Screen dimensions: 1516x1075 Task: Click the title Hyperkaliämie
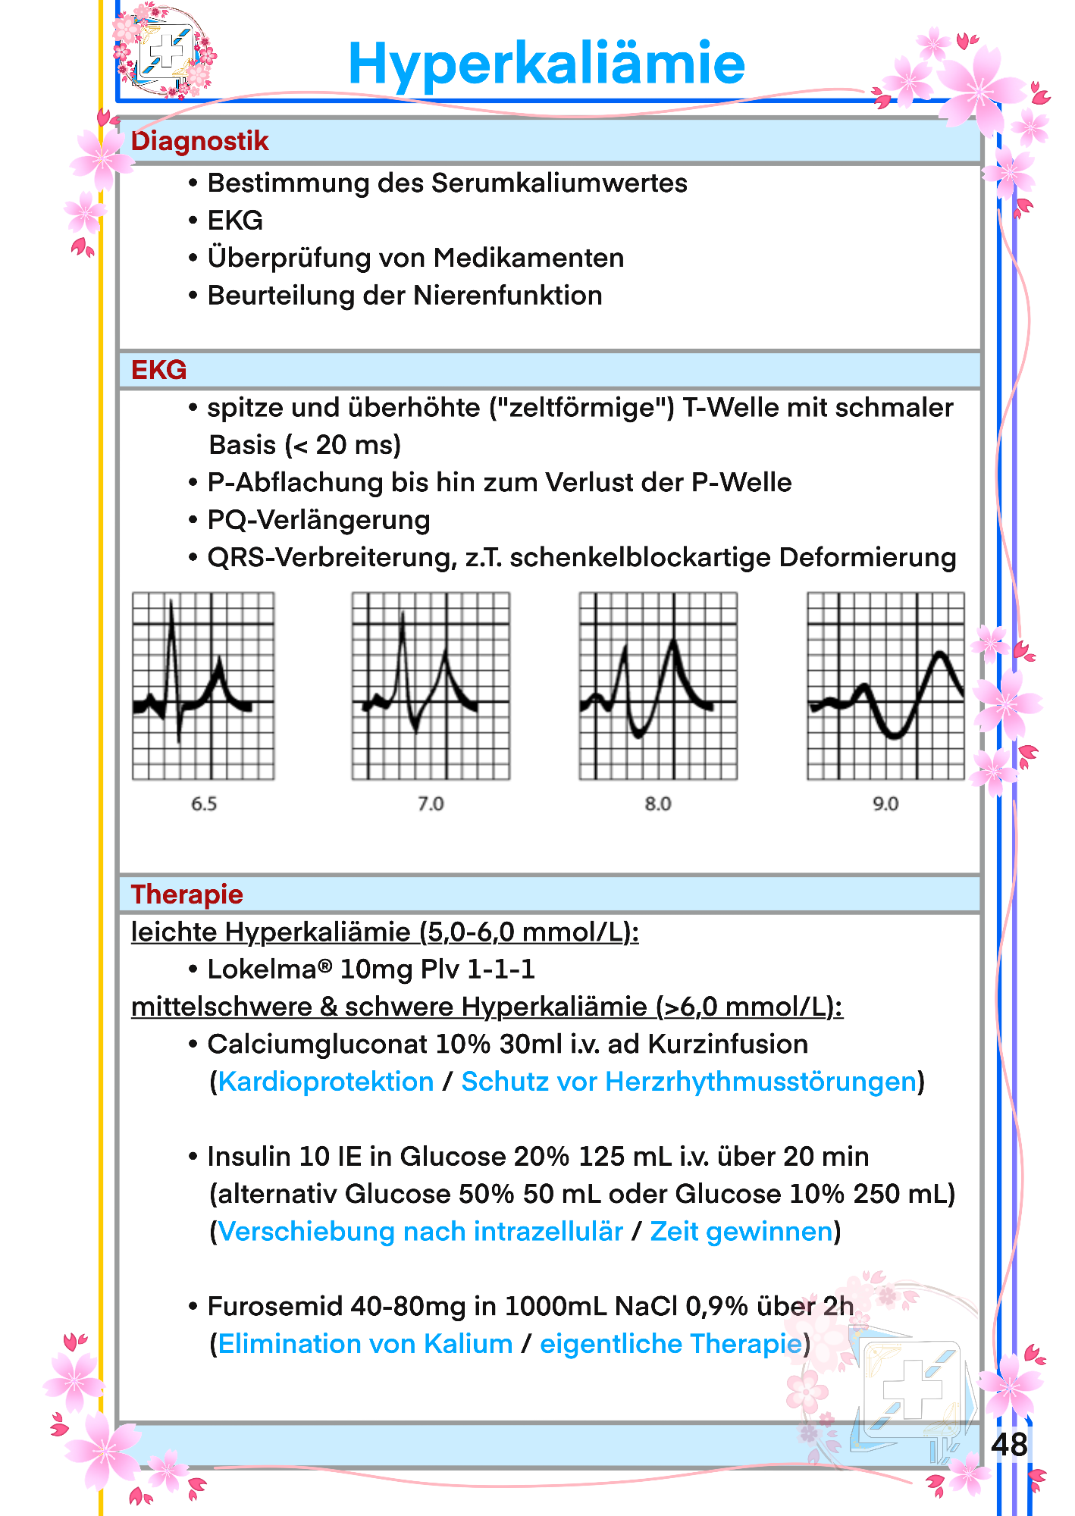547,64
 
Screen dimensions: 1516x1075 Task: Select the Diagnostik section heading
199,141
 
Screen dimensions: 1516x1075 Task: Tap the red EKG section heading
158,370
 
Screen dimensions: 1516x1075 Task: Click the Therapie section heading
186,894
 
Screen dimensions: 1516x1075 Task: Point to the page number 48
1009,1445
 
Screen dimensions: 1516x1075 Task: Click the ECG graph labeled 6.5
203,686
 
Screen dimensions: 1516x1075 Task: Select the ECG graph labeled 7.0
431,686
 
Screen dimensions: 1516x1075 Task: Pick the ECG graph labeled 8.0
658,686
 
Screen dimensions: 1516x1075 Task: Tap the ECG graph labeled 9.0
885,686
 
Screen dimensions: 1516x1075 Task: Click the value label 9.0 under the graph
885,804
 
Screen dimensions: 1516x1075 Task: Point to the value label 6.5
204,804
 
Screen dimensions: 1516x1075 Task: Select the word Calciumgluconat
318,1045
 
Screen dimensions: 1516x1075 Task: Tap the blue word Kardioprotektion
326,1082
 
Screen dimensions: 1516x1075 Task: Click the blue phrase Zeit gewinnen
741,1232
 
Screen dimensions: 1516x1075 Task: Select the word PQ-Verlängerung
318,520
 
